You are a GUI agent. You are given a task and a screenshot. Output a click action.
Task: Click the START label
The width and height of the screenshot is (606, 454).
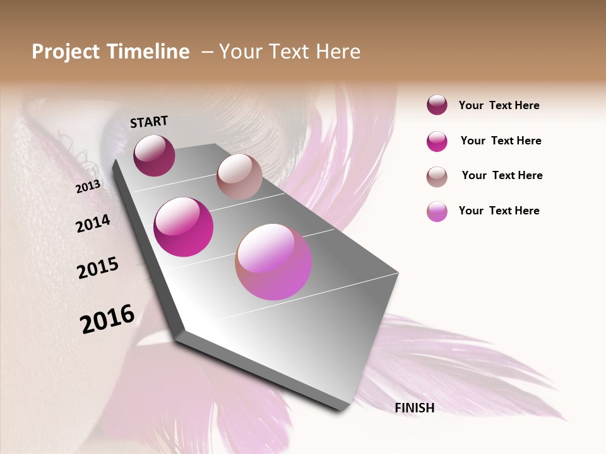coord(149,122)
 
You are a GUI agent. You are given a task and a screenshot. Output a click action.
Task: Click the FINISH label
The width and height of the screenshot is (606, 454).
coord(415,408)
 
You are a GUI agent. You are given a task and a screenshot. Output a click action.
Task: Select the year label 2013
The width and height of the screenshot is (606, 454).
coord(88,187)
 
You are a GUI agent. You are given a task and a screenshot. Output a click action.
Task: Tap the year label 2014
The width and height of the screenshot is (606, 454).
coord(93,223)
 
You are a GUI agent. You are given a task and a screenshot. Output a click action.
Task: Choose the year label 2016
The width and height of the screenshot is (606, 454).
coord(107,319)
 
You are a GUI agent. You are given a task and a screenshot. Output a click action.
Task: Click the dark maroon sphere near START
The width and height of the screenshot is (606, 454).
coord(154,155)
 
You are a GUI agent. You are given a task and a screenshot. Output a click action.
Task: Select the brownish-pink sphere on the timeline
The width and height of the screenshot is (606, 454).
coord(239,177)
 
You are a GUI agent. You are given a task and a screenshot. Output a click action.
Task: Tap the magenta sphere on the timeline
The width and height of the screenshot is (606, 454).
coord(184,227)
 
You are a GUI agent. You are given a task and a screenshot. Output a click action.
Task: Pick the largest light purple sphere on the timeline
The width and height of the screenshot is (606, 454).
coord(273,262)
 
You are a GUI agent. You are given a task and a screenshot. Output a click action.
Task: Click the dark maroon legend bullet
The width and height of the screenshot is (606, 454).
coord(437,105)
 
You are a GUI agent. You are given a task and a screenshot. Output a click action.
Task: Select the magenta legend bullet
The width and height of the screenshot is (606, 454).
coord(437,141)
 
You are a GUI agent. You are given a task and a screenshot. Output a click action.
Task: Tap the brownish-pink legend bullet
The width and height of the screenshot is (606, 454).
coord(437,176)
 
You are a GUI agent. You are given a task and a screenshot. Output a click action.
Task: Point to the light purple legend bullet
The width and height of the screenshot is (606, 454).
coord(437,211)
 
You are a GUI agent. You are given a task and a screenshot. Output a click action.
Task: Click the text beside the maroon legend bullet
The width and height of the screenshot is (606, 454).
coord(499,105)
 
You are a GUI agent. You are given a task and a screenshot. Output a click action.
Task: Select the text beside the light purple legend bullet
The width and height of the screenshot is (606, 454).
coord(499,211)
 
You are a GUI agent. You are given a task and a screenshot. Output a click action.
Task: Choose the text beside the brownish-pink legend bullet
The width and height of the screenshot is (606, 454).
coord(502,175)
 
